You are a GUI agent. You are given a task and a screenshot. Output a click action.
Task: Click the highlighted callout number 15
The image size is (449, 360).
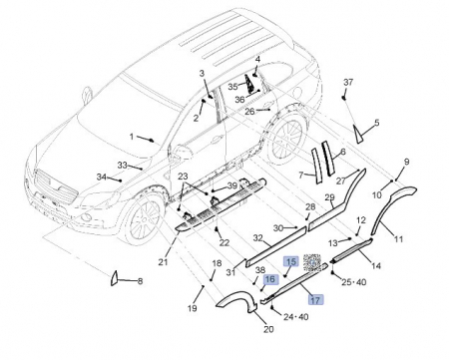coord(290,262)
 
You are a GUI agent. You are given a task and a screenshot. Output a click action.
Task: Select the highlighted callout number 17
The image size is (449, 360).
coord(315,300)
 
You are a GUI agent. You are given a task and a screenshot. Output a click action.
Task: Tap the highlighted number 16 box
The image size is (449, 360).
coord(270,279)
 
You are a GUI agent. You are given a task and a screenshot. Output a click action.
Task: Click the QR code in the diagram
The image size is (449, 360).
coord(312,263)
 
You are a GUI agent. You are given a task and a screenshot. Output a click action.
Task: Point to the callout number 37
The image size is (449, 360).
coord(348,82)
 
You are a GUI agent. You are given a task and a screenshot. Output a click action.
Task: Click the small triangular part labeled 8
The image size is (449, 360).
coord(114,278)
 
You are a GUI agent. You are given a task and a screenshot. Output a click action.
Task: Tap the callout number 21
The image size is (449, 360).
coord(163,262)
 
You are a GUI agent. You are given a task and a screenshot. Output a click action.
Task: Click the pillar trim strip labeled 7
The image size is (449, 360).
coord(317,166)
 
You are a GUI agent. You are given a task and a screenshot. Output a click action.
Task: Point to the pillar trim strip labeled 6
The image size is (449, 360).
coord(327,159)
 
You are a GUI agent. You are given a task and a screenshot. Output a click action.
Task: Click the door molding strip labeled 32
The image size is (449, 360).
coord(276,246)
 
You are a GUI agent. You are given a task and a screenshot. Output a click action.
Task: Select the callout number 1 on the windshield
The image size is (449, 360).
coord(132,137)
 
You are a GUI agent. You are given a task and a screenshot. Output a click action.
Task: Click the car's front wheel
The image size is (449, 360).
coord(144,220)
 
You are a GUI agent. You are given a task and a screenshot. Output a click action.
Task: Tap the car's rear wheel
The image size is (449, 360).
coord(285,139)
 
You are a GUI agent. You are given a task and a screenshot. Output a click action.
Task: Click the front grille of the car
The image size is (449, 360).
coord(56,186)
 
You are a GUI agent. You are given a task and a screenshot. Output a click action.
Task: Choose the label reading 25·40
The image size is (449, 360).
coord(354,282)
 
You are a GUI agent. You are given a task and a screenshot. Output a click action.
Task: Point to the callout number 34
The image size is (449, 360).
coord(101,178)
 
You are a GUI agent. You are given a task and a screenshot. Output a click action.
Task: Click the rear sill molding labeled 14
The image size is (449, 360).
coord(351,250)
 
